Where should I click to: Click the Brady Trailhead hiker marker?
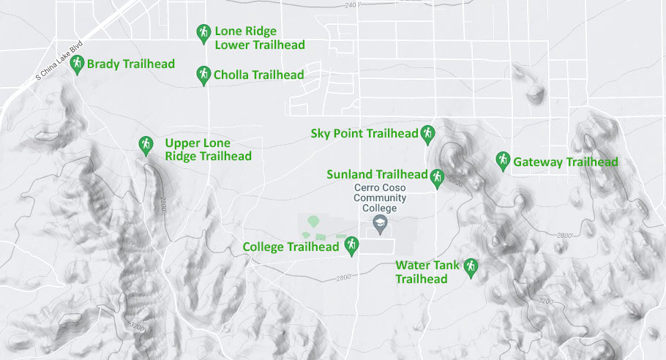point(76,64)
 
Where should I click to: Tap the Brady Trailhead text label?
point(130,64)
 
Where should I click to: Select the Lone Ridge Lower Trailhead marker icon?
point(203,33)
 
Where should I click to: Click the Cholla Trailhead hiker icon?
point(203,74)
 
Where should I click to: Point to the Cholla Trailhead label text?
point(258,75)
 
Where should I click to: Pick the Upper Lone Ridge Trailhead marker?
point(146,144)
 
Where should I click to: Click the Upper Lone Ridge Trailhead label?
point(208,149)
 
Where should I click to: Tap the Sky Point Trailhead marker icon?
point(428,133)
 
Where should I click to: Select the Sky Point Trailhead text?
point(364,133)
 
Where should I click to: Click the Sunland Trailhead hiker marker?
point(437,177)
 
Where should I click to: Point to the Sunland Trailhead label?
point(377,175)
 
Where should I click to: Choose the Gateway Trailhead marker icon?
point(503,160)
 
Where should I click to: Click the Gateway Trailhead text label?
point(566,162)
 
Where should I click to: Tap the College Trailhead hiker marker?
point(351,245)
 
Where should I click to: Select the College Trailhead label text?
point(291,247)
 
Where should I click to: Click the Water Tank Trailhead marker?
point(471,267)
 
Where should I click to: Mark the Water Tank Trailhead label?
point(427,271)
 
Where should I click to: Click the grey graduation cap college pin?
point(380,224)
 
